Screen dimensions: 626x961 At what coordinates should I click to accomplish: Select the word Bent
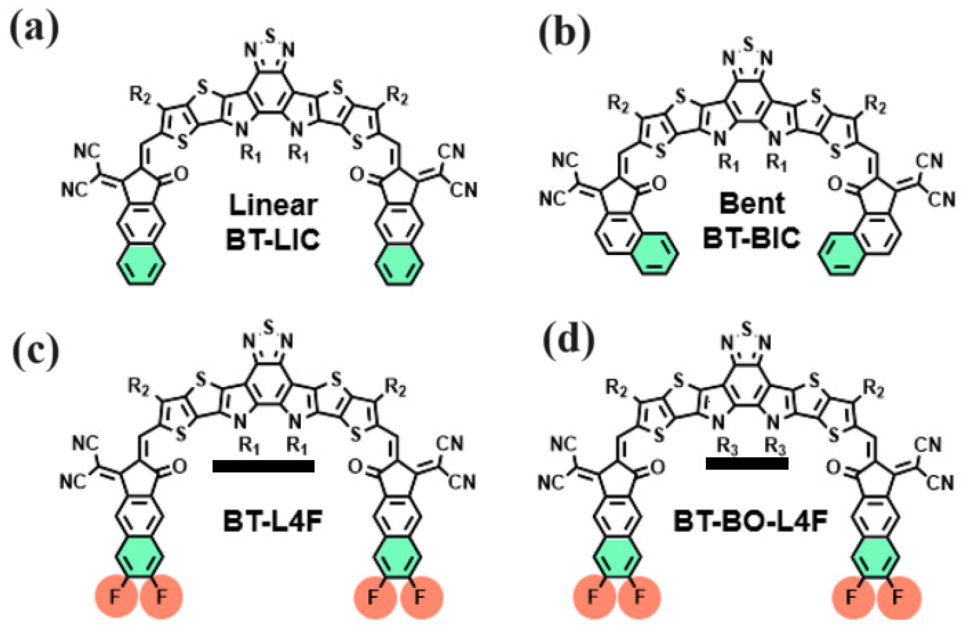click(752, 204)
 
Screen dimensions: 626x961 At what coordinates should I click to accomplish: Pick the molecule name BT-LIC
click(273, 239)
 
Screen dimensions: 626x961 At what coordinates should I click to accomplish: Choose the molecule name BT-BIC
click(752, 238)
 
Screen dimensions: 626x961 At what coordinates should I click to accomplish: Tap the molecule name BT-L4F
click(273, 524)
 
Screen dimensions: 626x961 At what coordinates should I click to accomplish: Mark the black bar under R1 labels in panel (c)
click(263, 466)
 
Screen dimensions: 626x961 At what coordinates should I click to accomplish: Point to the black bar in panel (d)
click(747, 463)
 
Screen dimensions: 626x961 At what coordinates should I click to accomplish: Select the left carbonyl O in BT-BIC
click(658, 184)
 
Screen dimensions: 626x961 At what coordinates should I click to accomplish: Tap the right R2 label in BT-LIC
click(398, 99)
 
